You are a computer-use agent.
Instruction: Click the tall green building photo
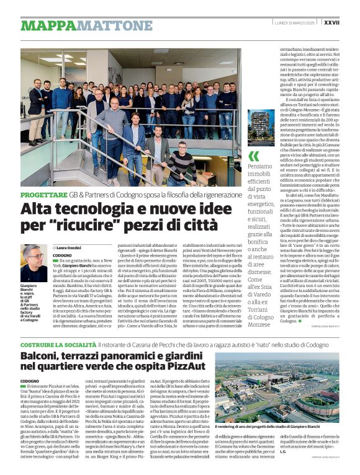[260, 128]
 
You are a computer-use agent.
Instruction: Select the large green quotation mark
[253, 156]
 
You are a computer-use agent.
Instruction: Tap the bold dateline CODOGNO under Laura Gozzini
[62, 255]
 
